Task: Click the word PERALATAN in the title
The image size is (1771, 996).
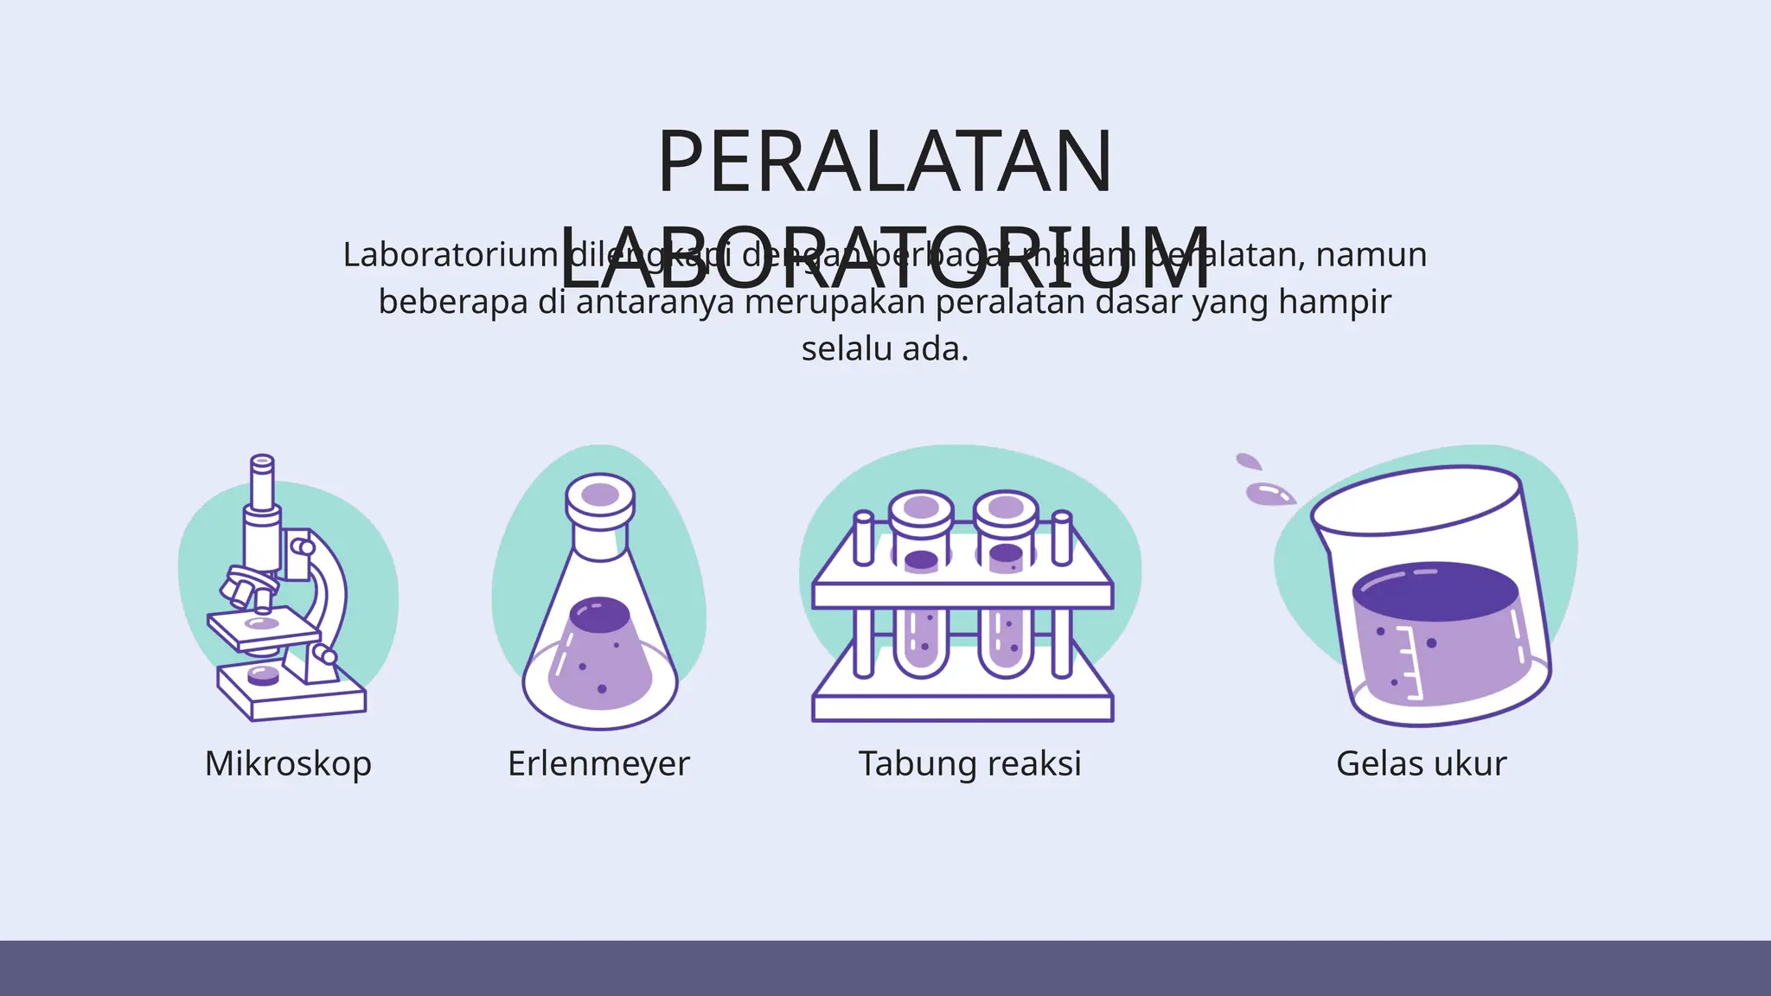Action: [885, 163]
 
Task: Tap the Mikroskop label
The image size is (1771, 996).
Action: [288, 763]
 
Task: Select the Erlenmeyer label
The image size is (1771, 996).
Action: [598, 763]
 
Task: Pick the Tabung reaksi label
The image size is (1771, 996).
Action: [969, 763]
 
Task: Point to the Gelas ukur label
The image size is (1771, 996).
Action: [1421, 763]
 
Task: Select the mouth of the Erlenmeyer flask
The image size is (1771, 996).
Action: [600, 495]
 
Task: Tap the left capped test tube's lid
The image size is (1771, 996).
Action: [921, 508]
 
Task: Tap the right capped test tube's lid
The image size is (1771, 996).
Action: [1006, 508]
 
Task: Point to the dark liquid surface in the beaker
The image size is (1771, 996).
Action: [1435, 591]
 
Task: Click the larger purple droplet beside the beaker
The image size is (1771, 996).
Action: [1268, 495]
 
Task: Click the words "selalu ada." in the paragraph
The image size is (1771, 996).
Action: [885, 349]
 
